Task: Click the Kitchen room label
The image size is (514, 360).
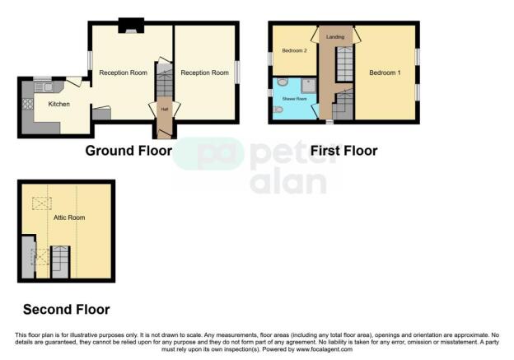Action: point(58,105)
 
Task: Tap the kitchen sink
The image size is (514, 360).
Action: point(43,86)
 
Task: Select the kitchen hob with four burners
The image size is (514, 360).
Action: point(27,105)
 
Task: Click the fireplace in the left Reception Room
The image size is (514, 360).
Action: point(129,28)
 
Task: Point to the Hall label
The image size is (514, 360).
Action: point(164,109)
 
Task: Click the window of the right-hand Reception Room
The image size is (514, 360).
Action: point(236,72)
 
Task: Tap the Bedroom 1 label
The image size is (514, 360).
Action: point(385,72)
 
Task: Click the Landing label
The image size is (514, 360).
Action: point(335,37)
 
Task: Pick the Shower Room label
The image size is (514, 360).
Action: point(295,99)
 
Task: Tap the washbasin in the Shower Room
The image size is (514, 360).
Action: point(283,83)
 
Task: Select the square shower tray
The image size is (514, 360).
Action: point(309,85)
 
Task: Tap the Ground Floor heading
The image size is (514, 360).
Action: point(128,151)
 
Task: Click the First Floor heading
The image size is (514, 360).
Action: point(343,151)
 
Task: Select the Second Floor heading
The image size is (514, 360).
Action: point(66,310)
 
